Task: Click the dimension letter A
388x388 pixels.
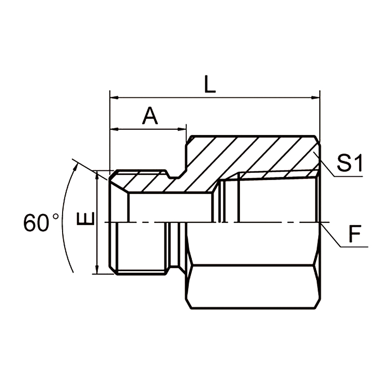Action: coord(150,116)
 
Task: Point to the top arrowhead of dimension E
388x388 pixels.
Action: coord(97,174)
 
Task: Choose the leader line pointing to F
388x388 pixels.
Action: coord(331,235)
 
